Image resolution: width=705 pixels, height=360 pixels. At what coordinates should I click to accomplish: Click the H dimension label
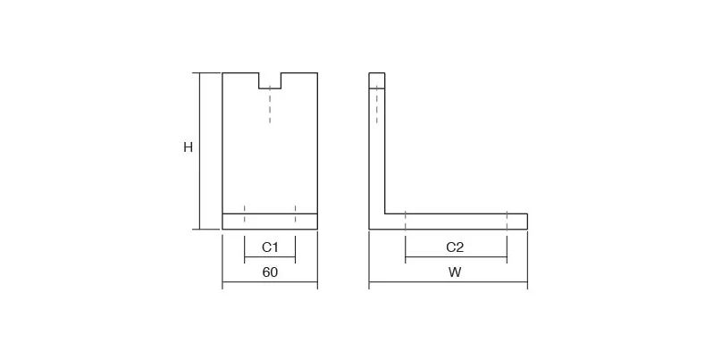(x=188, y=147)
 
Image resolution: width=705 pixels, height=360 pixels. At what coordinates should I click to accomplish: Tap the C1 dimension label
(x=270, y=247)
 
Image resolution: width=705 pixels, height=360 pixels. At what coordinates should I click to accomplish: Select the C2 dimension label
(x=455, y=247)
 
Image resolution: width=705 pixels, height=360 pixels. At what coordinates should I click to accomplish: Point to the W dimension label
(x=455, y=272)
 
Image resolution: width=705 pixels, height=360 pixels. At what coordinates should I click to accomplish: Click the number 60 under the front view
(x=270, y=272)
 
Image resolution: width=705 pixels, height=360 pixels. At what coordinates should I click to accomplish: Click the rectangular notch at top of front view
(x=270, y=80)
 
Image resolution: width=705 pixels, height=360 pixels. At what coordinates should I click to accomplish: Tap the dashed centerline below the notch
(x=270, y=105)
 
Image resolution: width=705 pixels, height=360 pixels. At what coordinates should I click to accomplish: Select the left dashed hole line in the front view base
(x=245, y=213)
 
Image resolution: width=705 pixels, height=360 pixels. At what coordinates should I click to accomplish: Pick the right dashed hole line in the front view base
(x=296, y=213)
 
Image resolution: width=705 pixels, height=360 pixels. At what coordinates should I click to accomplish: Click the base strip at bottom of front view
(x=270, y=222)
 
